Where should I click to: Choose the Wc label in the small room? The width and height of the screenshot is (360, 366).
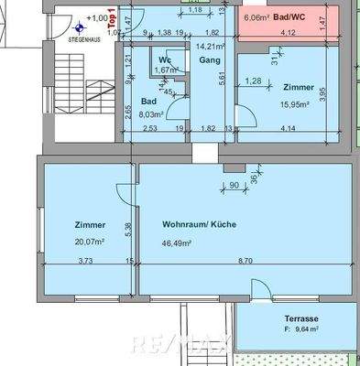tap(166, 59)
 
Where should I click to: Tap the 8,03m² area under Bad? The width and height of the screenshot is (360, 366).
tap(150, 114)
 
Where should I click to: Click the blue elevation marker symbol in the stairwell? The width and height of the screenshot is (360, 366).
tap(80, 27)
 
